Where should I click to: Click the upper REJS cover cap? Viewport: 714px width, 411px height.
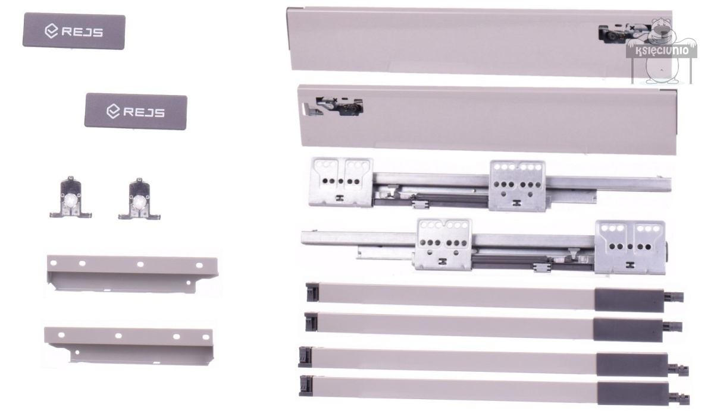(74, 31)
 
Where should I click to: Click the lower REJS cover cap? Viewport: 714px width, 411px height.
(136, 111)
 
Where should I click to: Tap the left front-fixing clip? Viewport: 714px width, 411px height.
(70, 198)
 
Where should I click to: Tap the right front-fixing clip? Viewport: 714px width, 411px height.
(139, 200)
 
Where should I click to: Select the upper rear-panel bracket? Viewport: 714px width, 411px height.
(132, 274)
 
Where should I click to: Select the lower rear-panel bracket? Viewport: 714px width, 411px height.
(129, 346)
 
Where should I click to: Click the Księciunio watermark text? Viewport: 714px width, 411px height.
(662, 50)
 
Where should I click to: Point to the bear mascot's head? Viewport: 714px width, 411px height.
(662, 31)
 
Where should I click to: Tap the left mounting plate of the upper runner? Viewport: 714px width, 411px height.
(341, 182)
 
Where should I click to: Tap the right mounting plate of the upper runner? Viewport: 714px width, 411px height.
(517, 186)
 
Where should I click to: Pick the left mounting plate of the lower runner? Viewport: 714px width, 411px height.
(444, 244)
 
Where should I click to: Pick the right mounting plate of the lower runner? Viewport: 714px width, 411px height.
(630, 247)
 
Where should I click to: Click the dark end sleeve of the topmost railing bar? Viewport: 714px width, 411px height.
(629, 300)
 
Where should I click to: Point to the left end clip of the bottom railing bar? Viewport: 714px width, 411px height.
(306, 386)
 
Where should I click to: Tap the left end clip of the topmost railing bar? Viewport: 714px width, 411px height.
(312, 292)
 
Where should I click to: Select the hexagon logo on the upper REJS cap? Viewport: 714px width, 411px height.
(51, 31)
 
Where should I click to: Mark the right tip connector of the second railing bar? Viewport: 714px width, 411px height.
(672, 326)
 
